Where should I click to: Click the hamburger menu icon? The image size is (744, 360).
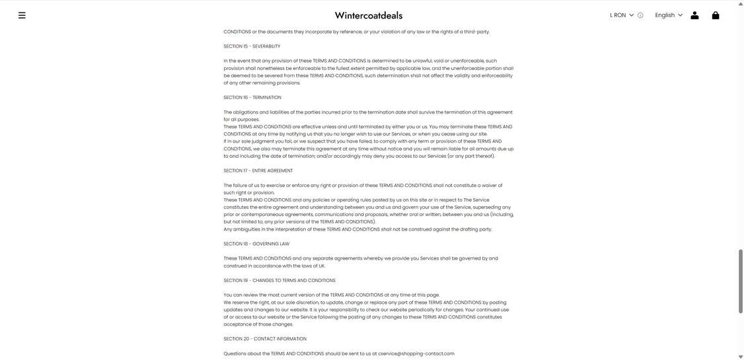coord(22,15)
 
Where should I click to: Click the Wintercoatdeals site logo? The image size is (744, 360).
coord(368,15)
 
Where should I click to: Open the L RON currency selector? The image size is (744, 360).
coord(621,15)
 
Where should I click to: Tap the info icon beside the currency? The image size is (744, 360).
coord(640,15)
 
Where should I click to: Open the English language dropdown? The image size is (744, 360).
coord(669,15)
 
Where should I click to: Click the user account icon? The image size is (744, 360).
coord(694,15)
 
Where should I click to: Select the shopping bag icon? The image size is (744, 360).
coord(716,15)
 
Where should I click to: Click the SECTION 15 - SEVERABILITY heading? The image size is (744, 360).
coord(252,46)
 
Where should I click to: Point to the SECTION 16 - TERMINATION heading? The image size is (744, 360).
coord(252,98)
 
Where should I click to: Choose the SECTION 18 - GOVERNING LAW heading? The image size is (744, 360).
coord(256,244)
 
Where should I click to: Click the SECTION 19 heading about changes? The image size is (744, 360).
coord(279,280)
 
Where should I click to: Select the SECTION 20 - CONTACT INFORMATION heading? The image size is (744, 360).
coord(265,339)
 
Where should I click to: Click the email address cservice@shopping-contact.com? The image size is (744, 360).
coord(416,353)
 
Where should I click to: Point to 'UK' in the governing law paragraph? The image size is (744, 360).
coord(322,266)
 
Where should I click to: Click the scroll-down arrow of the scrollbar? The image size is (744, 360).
coord(741,357)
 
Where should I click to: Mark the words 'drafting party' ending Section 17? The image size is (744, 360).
coord(476,229)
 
